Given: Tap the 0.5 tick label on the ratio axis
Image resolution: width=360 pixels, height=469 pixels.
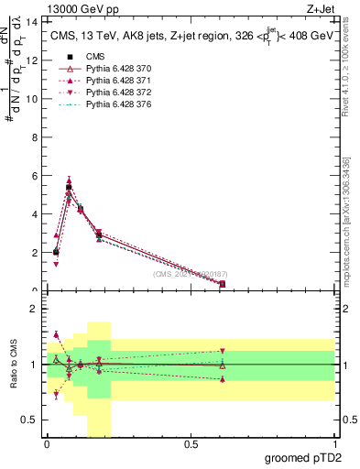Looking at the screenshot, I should (29, 420).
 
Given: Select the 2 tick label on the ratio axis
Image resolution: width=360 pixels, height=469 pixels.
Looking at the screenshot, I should (33, 309).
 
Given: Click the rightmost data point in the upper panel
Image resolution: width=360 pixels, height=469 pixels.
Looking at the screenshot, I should (223, 284).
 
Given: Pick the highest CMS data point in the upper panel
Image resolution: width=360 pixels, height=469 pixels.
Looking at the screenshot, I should (69, 187).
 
